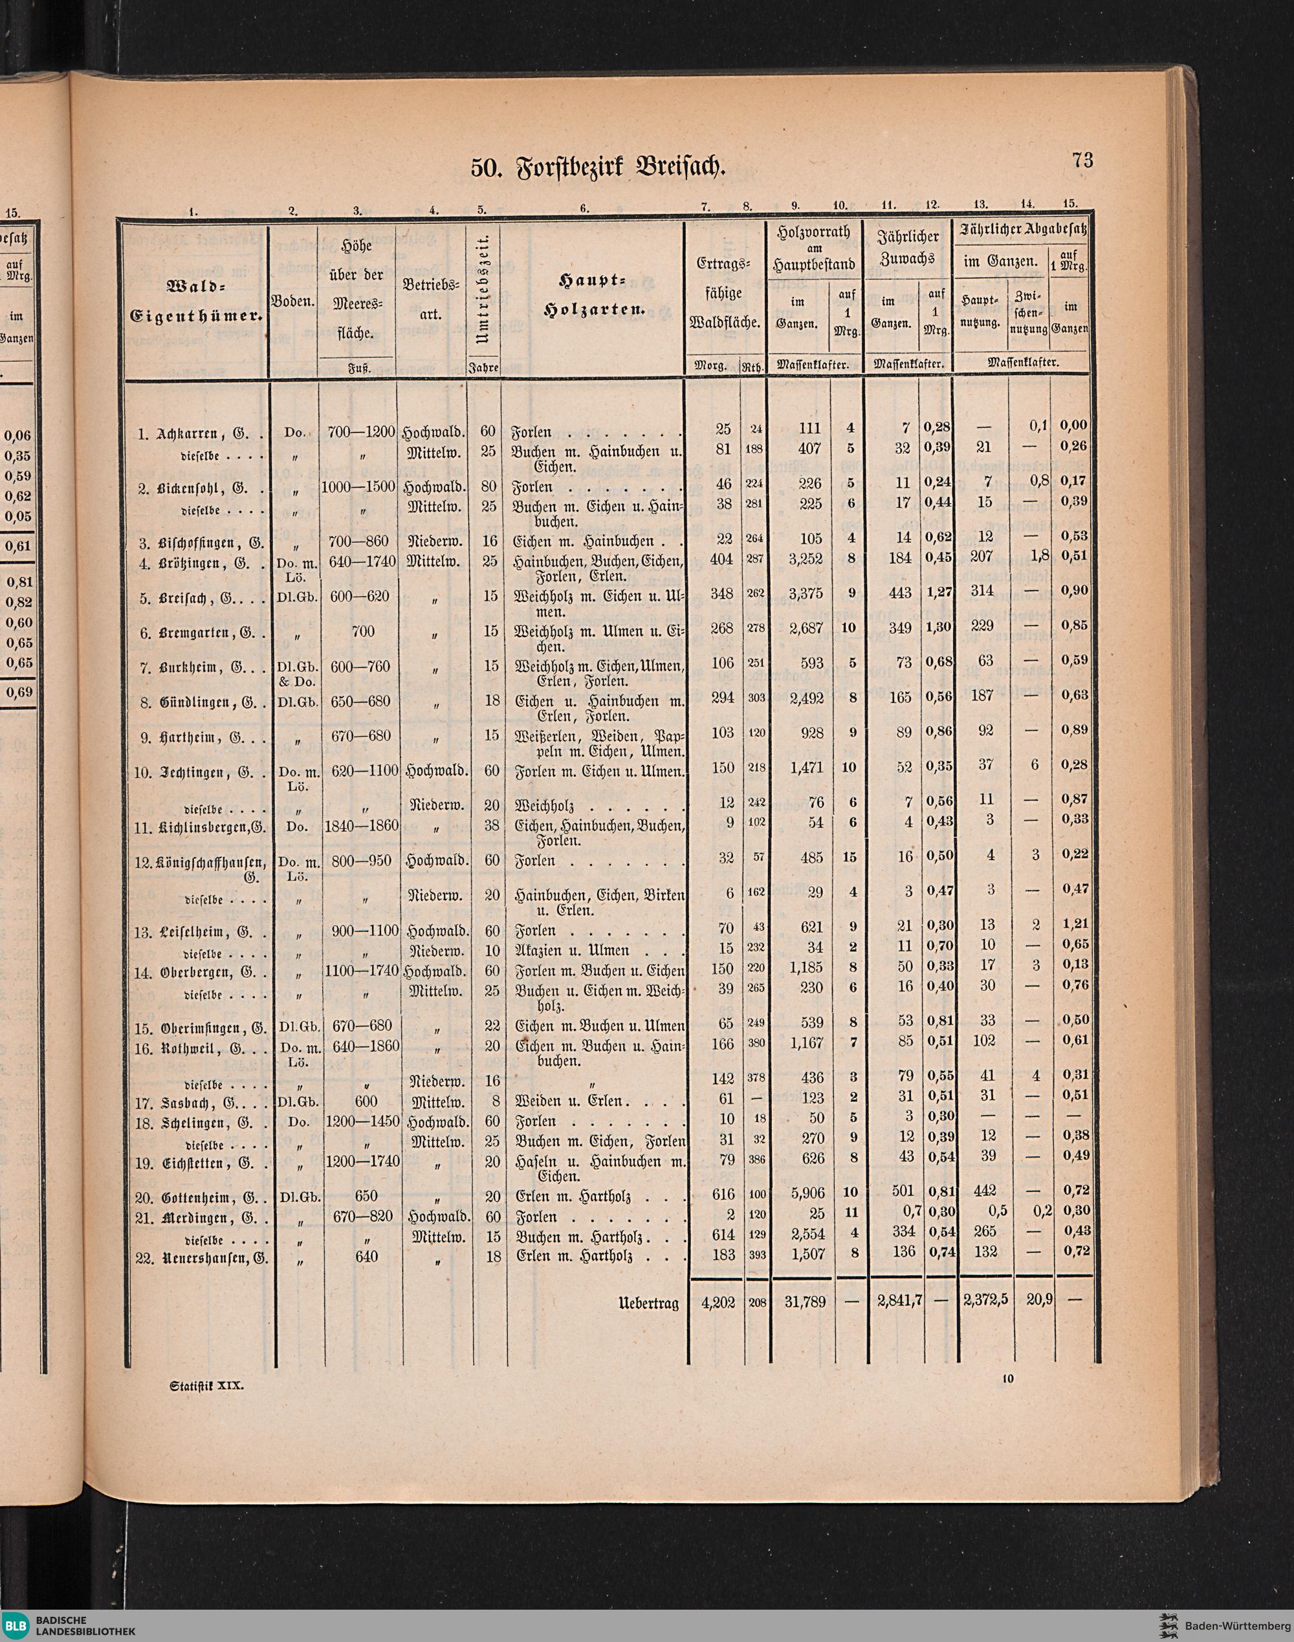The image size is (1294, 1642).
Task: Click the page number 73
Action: [x=1082, y=160]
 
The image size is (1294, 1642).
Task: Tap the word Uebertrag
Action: [x=650, y=1304]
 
